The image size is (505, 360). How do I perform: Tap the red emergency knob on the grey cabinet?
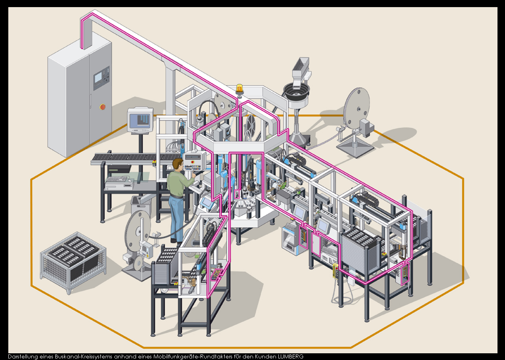[102, 107]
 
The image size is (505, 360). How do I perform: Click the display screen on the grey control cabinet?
[98, 78]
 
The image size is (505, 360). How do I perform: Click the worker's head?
[178, 164]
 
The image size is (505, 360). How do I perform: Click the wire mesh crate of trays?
[73, 262]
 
